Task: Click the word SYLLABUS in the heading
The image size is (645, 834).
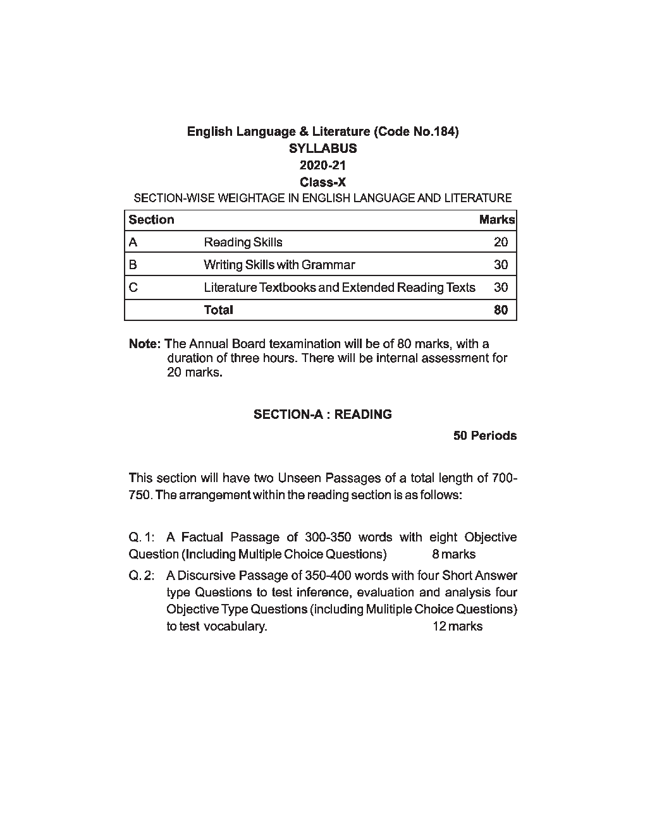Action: click(x=322, y=148)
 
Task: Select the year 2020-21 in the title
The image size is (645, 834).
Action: click(x=322, y=166)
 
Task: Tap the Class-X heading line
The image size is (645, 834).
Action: click(x=322, y=183)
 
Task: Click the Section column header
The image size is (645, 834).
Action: click(x=151, y=220)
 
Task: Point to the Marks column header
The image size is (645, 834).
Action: click(x=497, y=220)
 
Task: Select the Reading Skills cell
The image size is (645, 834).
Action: click(x=243, y=243)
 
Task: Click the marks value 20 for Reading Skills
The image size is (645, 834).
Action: click(x=501, y=243)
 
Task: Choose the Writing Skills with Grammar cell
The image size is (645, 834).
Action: click(x=279, y=265)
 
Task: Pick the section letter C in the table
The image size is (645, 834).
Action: click(x=133, y=287)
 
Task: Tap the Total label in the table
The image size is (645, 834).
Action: click(x=218, y=310)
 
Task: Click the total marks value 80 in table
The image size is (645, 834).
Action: click(x=501, y=310)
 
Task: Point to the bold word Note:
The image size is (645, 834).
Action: click(x=145, y=344)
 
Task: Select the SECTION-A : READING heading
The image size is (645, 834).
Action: click(x=322, y=414)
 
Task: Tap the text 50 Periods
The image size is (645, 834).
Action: click(x=485, y=436)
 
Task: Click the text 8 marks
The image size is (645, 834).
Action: click(x=453, y=555)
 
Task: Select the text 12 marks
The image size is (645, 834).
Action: click(x=457, y=627)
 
